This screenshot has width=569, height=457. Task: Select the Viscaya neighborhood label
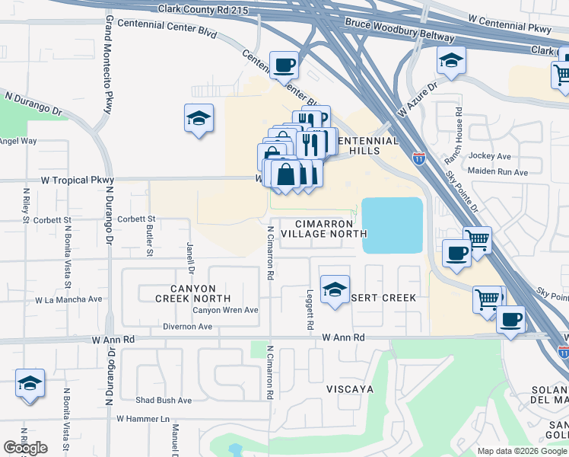coord(349,389)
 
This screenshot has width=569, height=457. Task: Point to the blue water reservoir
coord(393,225)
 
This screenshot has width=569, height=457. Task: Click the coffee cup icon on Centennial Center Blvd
coord(284,66)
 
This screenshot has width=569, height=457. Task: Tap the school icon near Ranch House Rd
coord(451,61)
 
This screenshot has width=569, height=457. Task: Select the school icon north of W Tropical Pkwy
coord(199,119)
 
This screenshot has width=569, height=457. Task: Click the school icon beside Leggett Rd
coord(335,290)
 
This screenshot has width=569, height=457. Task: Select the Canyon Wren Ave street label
coord(225,310)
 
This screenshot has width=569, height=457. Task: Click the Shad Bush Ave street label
coord(164,400)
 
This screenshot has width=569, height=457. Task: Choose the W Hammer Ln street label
coord(142,419)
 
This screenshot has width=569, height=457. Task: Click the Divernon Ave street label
coord(187,326)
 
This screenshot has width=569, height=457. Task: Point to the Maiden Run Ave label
coord(499,172)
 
